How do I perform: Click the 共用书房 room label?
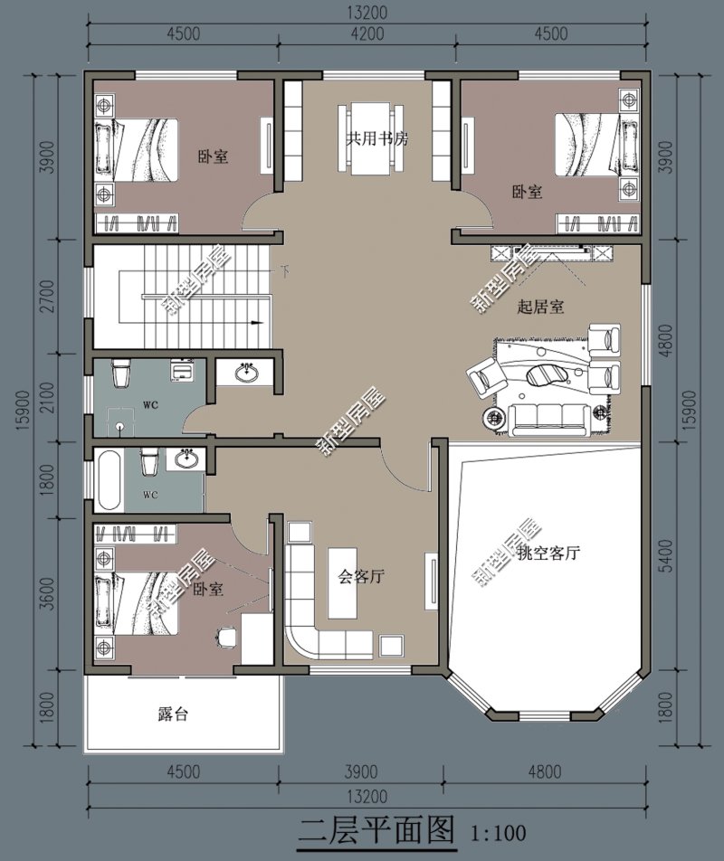pos(377,140)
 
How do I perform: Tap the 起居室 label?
pos(540,307)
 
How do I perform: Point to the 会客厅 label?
pos(362,576)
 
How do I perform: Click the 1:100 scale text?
pos(498,830)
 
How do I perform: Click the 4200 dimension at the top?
pos(367,34)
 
